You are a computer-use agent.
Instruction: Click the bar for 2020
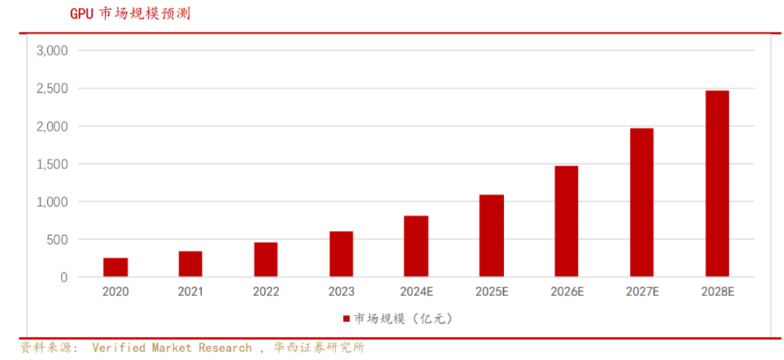115,267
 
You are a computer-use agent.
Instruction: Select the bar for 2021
190,264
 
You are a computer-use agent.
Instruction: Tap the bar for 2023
341,254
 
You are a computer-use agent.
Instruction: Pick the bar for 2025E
491,235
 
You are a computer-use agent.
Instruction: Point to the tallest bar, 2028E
717,184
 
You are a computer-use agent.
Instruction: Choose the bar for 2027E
642,202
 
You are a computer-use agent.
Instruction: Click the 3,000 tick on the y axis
52,51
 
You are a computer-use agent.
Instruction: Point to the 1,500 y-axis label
52,164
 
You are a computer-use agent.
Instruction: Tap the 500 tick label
57,240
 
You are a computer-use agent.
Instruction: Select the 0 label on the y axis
63,277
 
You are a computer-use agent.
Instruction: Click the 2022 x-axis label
266,292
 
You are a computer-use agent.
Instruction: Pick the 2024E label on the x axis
417,292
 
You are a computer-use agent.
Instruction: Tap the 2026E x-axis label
567,292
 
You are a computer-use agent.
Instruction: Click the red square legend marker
346,319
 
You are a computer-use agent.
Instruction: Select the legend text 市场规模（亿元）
403,319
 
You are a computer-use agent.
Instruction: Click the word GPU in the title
82,14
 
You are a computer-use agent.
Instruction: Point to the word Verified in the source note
119,348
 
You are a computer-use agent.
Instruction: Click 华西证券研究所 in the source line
319,348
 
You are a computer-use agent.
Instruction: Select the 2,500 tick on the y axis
52,89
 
